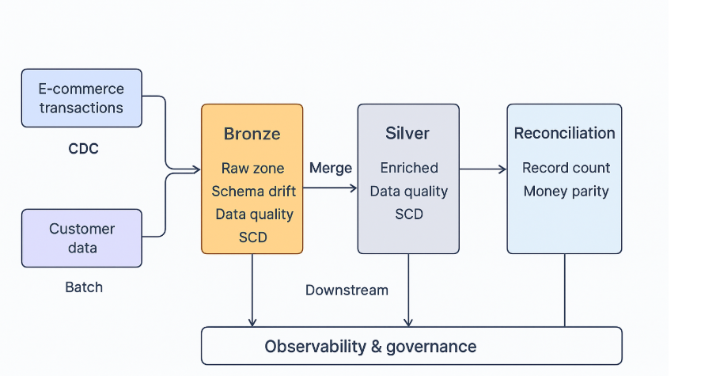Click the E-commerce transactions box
click(x=81, y=98)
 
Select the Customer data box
click(x=81, y=238)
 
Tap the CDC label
click(x=83, y=149)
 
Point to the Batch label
click(x=84, y=287)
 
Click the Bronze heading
click(x=252, y=134)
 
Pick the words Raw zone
click(x=252, y=168)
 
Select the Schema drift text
click(x=253, y=192)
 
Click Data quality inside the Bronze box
click(x=255, y=215)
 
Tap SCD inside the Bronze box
click(x=252, y=237)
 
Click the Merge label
click(x=331, y=168)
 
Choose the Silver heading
click(x=407, y=133)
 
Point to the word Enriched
click(x=409, y=168)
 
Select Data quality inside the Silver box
click(x=408, y=192)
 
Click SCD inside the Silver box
click(x=409, y=215)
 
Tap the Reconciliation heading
click(x=564, y=133)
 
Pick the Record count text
click(x=566, y=168)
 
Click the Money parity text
click(x=566, y=192)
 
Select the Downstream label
click(x=347, y=291)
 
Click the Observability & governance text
click(x=370, y=347)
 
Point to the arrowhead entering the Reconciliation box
click(x=503, y=169)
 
